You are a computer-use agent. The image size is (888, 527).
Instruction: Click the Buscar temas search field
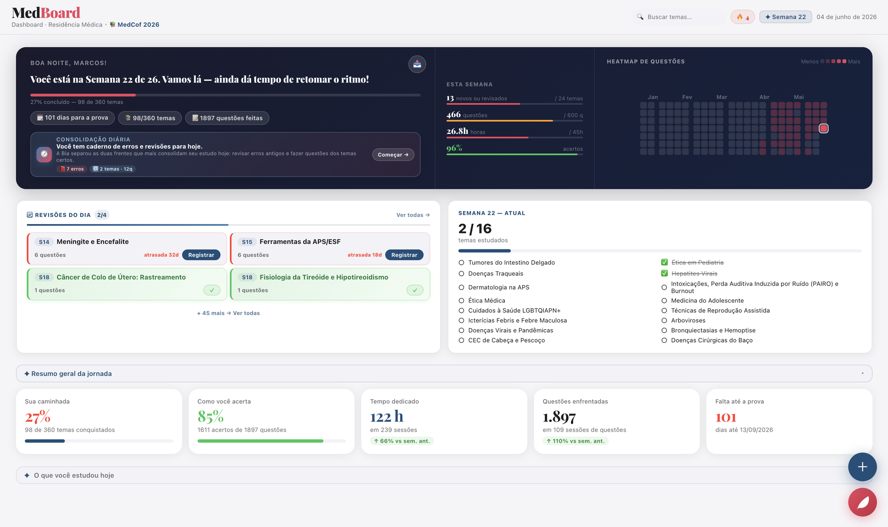(679, 17)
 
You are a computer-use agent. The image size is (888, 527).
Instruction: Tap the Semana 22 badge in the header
(785, 17)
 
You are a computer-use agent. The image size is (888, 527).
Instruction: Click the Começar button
(393, 155)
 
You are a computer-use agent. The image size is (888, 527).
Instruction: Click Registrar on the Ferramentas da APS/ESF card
(404, 255)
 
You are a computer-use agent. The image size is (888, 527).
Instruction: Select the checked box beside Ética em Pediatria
(664, 263)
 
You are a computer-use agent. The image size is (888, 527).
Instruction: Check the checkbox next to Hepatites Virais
(664, 274)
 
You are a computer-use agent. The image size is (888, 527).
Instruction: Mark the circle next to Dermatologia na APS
(461, 287)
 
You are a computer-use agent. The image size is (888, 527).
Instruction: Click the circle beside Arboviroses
(664, 321)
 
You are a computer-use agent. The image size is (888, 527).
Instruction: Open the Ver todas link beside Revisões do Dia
(413, 215)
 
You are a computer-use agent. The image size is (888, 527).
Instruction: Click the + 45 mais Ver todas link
(228, 313)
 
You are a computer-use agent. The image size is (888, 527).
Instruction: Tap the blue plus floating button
(862, 467)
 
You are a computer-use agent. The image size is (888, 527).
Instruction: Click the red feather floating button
(862, 502)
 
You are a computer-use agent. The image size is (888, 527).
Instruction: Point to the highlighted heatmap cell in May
(824, 129)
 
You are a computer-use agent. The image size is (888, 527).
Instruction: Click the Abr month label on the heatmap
(764, 97)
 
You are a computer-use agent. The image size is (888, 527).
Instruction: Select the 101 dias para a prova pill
(72, 118)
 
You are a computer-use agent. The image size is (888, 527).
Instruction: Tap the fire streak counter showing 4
(743, 17)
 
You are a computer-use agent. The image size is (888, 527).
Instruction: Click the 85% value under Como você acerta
(210, 417)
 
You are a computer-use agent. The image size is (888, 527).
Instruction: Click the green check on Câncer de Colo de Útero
(212, 290)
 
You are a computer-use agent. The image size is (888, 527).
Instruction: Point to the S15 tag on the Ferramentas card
(247, 242)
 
